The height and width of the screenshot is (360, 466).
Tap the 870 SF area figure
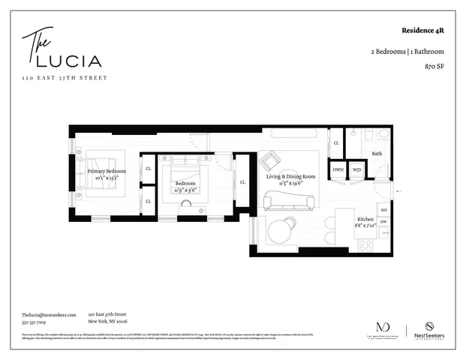point(433,66)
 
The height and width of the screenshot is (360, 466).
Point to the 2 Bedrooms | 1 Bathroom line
point(407,51)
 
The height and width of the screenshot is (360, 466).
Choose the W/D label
point(356,170)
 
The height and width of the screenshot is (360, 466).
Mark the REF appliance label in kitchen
point(383,211)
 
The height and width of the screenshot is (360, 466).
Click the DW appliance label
point(383,222)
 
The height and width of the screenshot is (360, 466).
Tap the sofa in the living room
point(288,200)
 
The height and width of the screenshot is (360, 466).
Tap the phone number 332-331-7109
point(33,322)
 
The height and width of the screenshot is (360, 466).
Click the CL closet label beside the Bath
point(336,142)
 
